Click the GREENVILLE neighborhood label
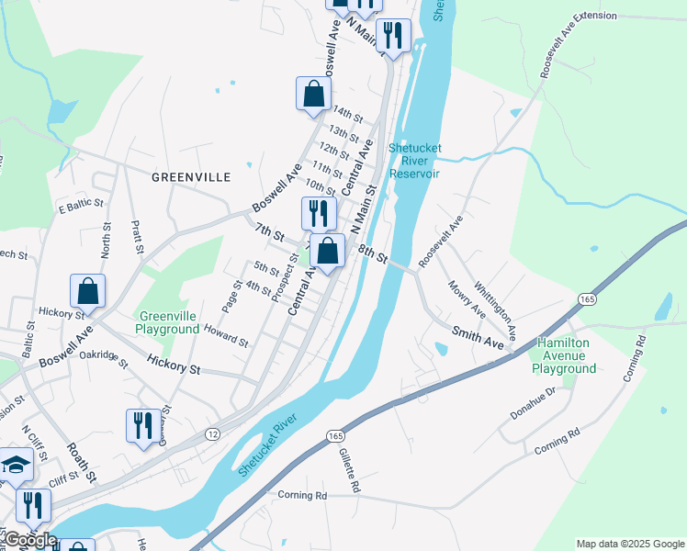(190, 175)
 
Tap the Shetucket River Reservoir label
(415, 160)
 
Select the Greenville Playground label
(167, 322)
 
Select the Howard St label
(226, 334)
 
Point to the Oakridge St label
(102, 355)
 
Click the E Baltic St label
(76, 206)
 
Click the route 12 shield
(213, 433)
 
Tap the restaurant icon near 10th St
(319, 213)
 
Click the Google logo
(29, 541)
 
